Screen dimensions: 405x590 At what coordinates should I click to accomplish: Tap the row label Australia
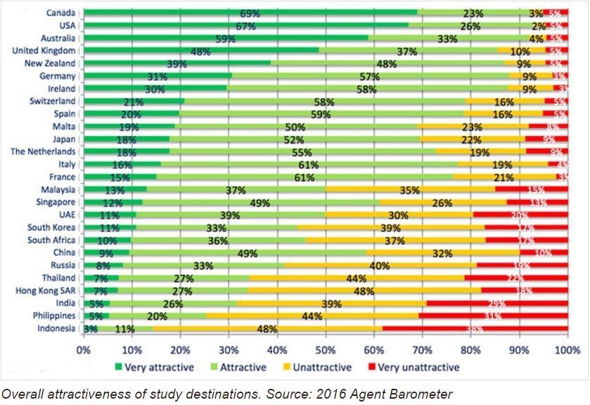point(58,38)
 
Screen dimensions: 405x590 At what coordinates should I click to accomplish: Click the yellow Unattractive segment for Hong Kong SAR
point(364,289)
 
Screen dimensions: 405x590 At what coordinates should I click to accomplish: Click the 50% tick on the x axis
point(326,350)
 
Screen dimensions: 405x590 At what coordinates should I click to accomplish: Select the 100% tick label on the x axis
point(567,350)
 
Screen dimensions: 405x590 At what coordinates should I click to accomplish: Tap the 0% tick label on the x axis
point(84,350)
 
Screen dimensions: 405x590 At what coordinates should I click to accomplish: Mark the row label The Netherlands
point(43,151)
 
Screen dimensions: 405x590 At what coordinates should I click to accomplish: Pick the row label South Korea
point(53,227)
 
